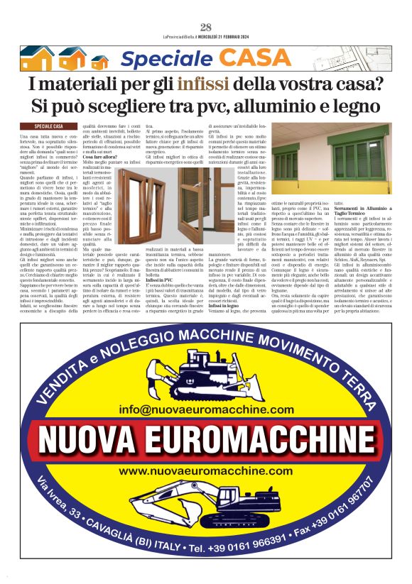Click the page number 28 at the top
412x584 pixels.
click(x=206, y=28)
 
